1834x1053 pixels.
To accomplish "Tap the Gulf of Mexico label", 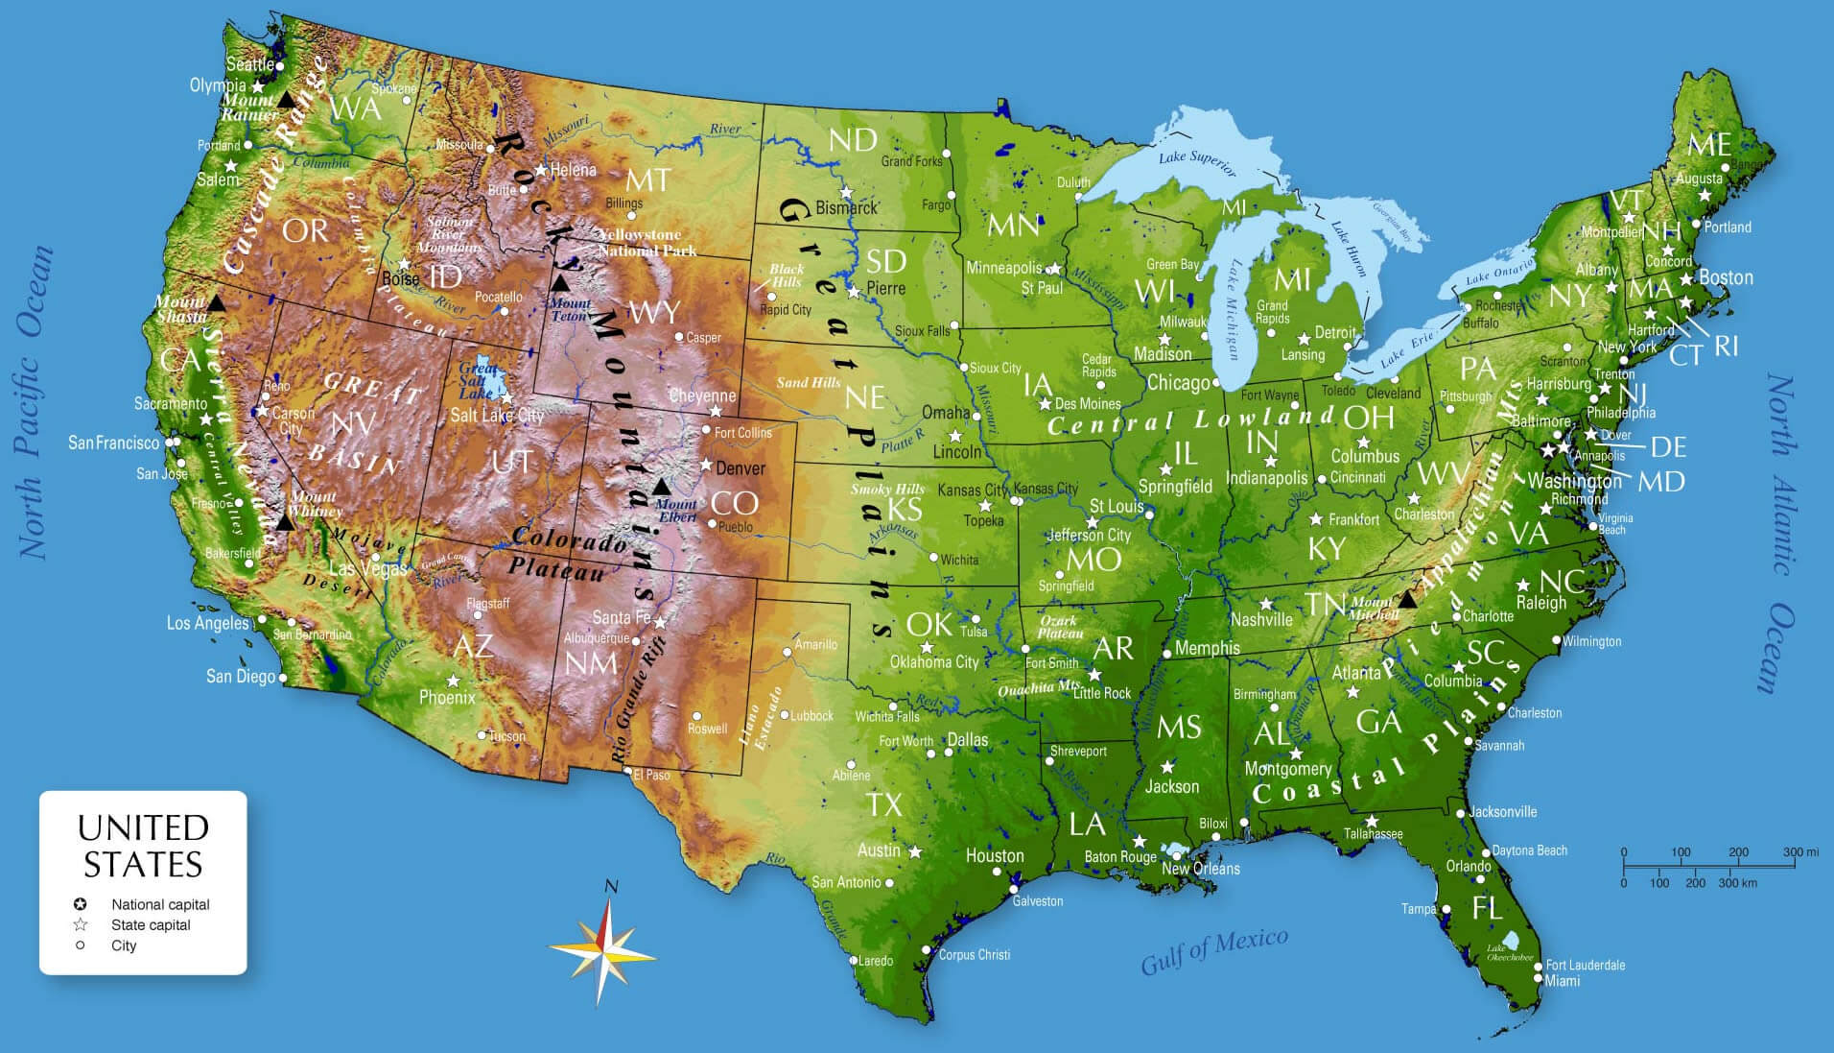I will tap(1213, 950).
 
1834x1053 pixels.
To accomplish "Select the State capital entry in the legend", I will tap(151, 924).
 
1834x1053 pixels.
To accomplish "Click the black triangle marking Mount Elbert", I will tap(661, 487).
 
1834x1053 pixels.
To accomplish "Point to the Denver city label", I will tap(740, 468).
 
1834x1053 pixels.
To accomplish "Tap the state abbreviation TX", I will tap(883, 803).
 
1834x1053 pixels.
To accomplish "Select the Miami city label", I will tap(1563, 980).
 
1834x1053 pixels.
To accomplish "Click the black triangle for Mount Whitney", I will tap(285, 523).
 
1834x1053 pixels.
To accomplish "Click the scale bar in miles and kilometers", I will tap(1707, 867).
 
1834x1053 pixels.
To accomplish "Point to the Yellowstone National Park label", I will tap(647, 242).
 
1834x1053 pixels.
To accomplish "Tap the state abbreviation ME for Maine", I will tap(1708, 145).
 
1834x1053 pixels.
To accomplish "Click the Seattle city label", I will tap(249, 64).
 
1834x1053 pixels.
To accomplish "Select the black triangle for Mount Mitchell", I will tap(1406, 600).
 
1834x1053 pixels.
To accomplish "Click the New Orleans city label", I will tap(1200, 869).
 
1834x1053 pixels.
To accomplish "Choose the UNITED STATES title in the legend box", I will tap(143, 846).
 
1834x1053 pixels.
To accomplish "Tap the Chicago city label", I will tap(1178, 383).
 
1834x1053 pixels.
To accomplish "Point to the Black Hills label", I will tap(787, 275).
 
